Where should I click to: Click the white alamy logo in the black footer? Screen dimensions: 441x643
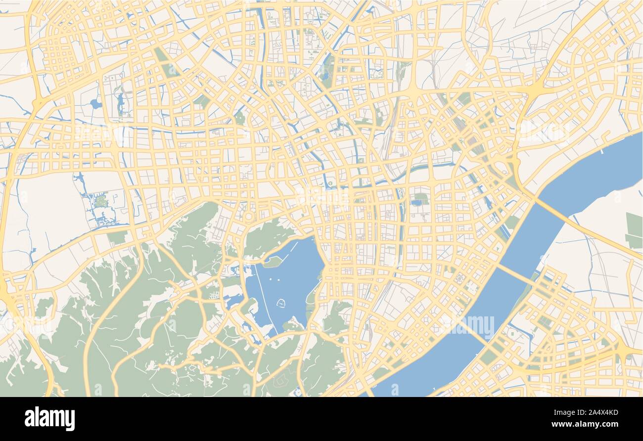[x=49, y=419]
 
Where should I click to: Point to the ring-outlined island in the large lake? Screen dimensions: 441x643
[x=281, y=303]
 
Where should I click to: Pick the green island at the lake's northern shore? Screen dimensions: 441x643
[x=272, y=262]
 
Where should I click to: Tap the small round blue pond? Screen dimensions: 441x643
[x=95, y=104]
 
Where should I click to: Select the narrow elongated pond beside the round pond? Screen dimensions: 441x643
[x=120, y=102]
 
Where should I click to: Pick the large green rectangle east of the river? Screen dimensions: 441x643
[x=634, y=230]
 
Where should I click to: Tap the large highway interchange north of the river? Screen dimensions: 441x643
[x=536, y=89]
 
